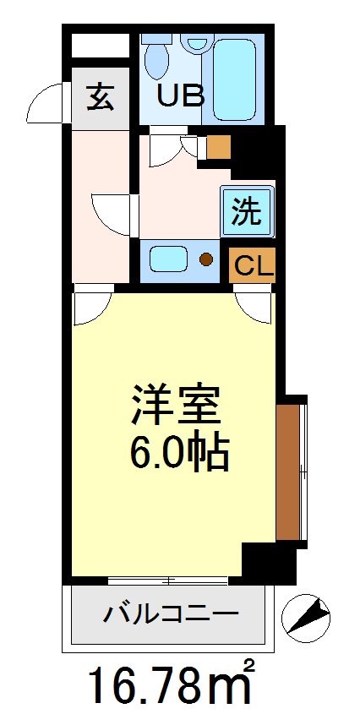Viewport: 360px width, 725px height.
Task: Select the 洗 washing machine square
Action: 248,210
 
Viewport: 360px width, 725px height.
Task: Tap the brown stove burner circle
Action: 206,259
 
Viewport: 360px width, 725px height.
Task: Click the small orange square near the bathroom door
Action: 217,147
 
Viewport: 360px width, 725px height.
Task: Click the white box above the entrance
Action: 98,46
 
